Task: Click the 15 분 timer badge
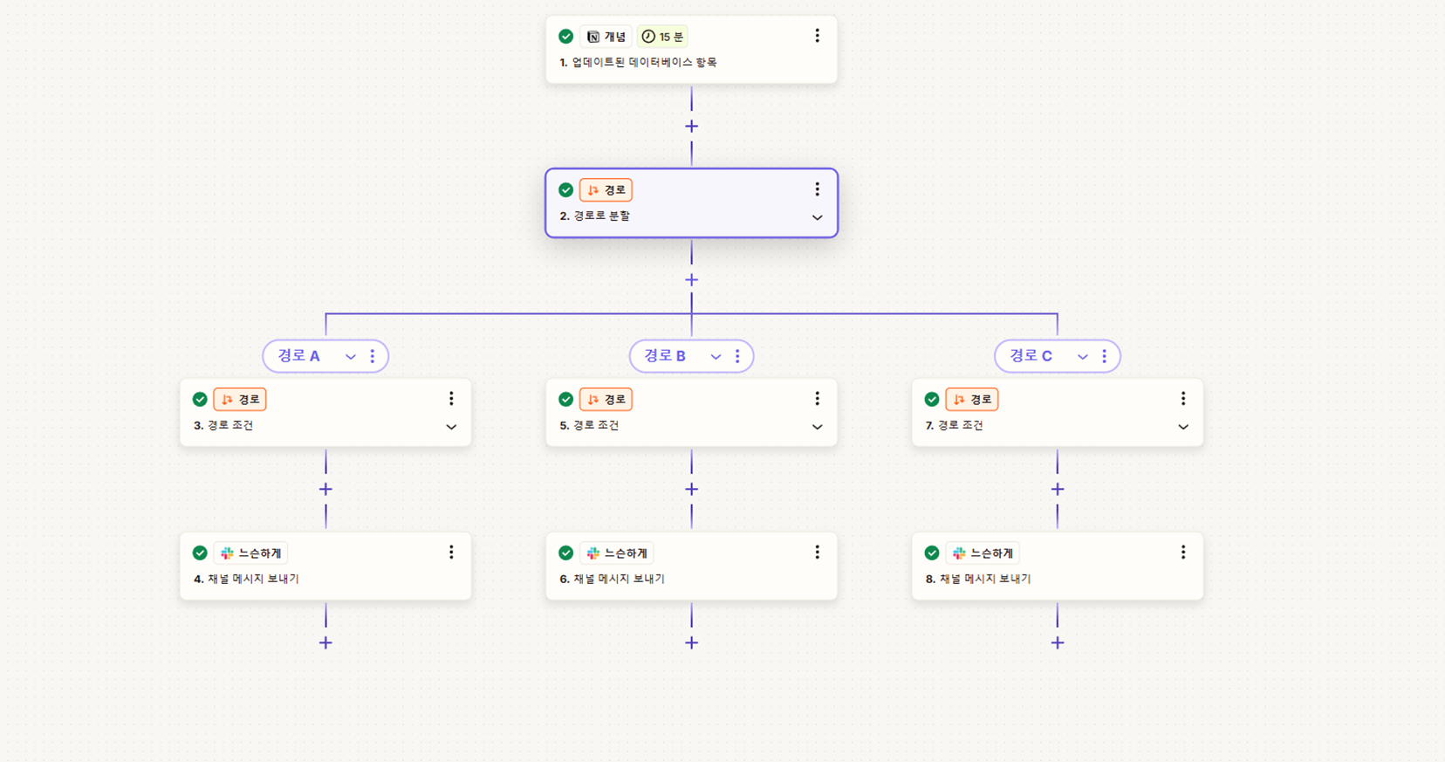coord(662,37)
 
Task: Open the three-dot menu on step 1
coord(818,36)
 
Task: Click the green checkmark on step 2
coord(565,189)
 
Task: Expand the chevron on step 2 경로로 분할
coord(818,217)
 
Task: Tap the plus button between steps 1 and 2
coord(692,126)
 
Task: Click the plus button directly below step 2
coord(692,279)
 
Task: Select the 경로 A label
coord(298,355)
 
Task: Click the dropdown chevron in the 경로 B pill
coord(716,356)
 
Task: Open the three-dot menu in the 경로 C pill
coord(1105,356)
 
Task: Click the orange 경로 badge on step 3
coord(240,400)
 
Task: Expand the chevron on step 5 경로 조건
coord(818,427)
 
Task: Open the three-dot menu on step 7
coord(1183,399)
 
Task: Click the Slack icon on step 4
coord(227,553)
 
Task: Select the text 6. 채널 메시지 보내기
coord(613,579)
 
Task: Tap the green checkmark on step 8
coord(932,553)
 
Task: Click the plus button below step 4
coord(325,642)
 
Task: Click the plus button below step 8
coord(1058,642)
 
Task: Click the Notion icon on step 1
coord(593,37)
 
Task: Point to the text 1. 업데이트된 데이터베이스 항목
coord(638,63)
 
